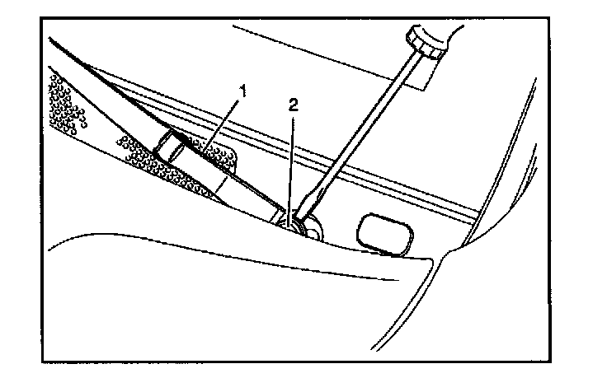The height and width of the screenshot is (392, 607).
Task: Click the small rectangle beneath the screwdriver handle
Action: [x=421, y=77]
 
